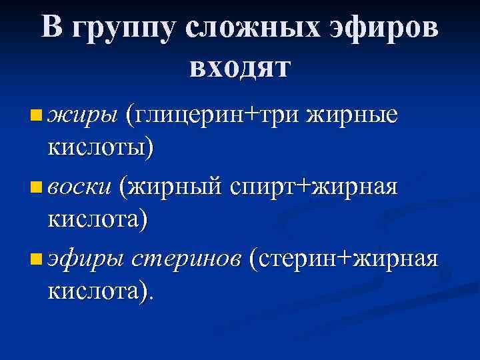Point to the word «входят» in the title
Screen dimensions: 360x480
point(240,67)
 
